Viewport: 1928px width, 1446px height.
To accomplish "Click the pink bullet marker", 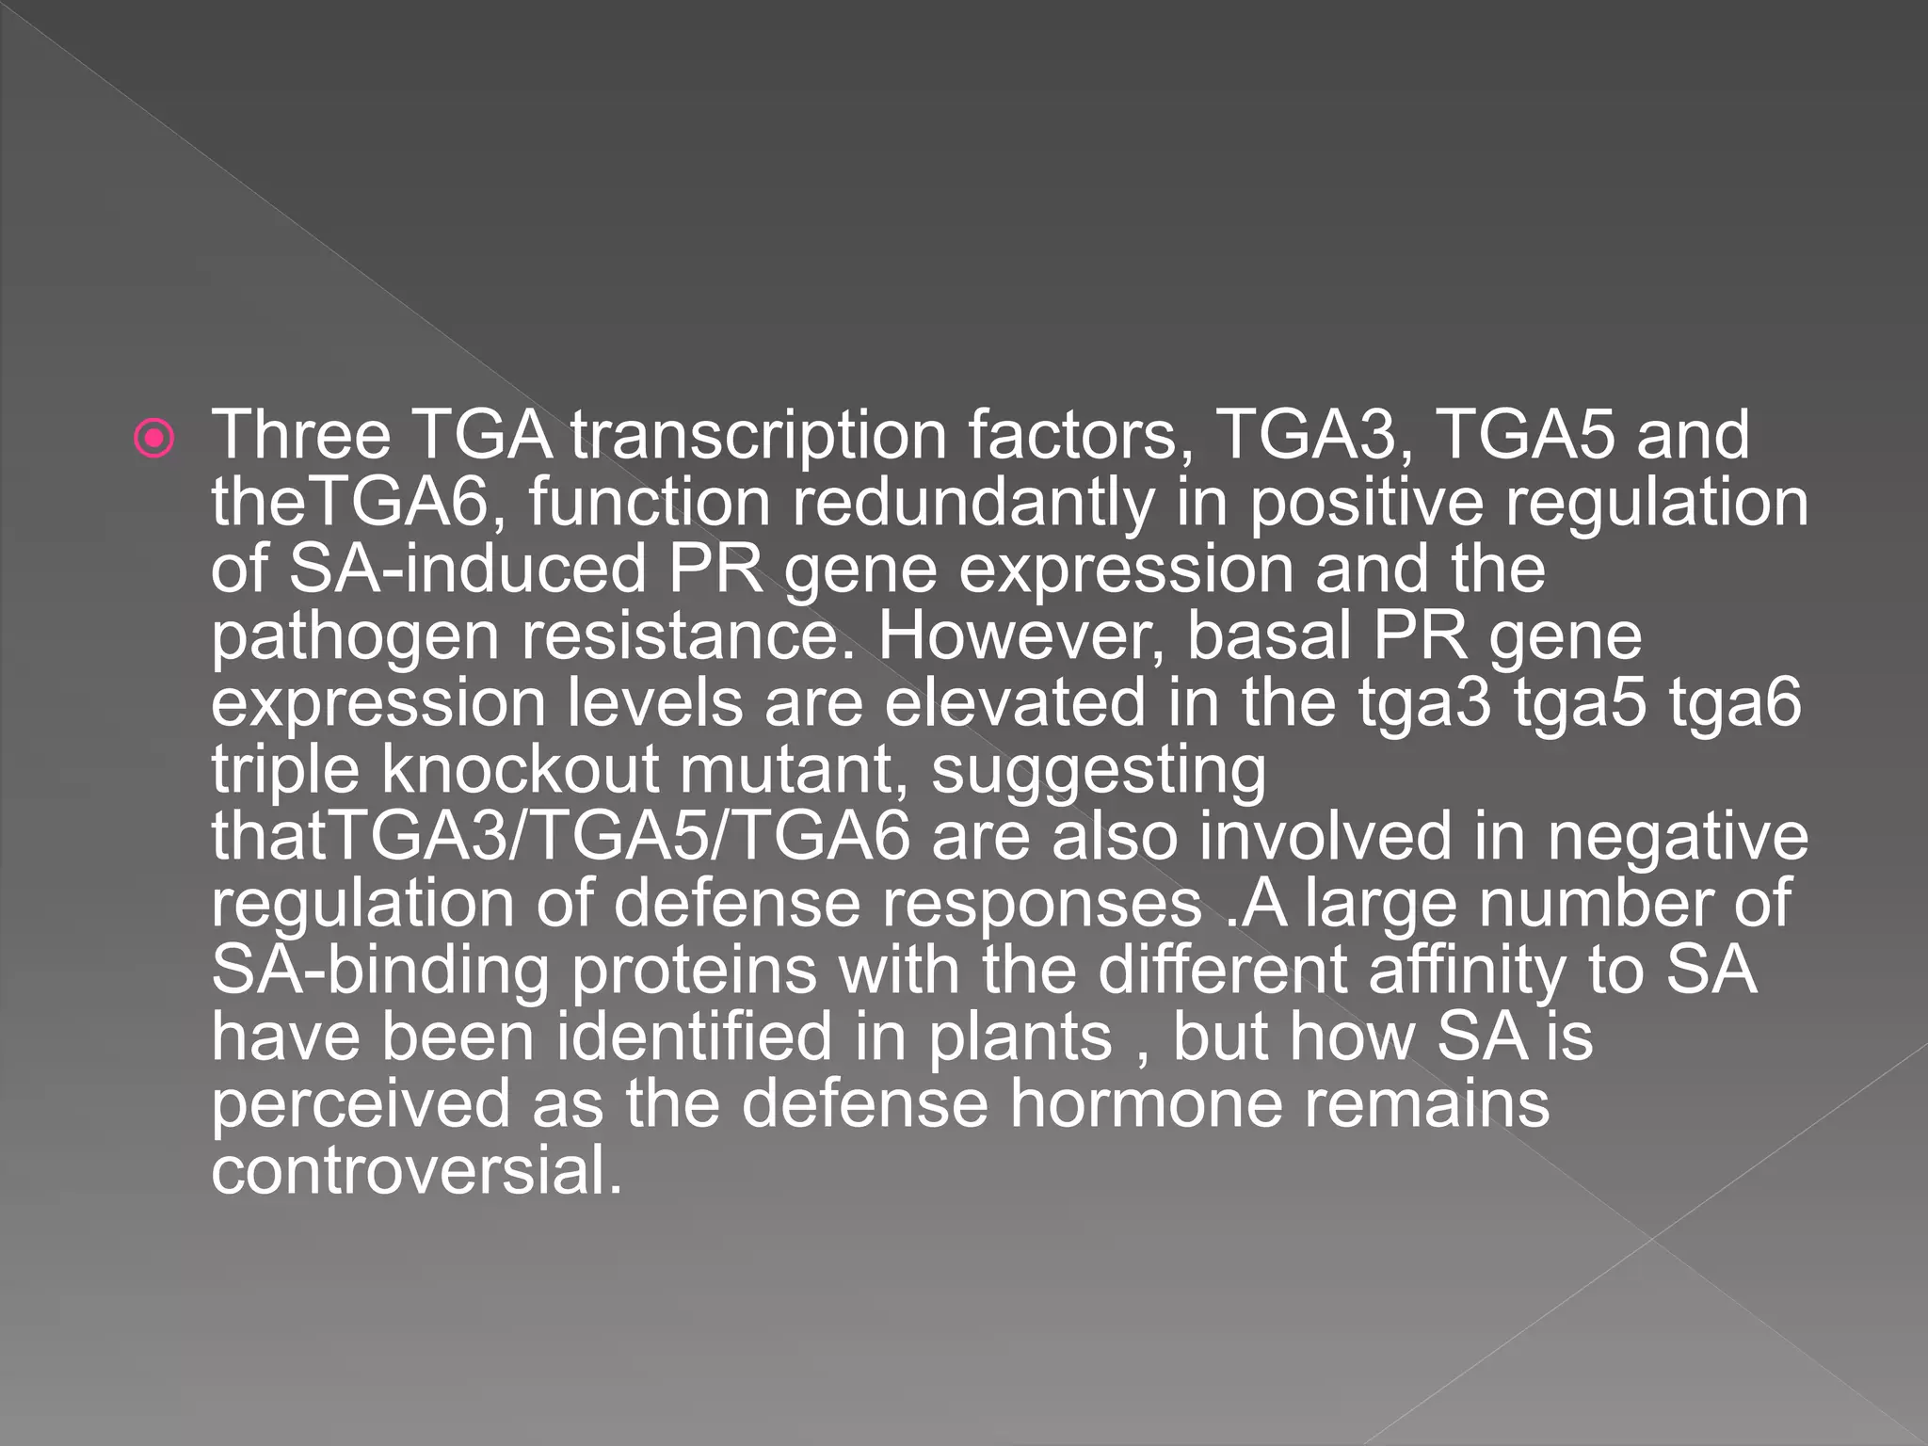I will click(x=154, y=438).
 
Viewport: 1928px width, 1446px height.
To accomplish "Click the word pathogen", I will click(x=354, y=637).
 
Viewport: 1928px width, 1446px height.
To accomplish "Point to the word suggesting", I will click(x=1098, y=772).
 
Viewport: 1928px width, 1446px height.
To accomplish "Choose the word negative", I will click(x=1678, y=837).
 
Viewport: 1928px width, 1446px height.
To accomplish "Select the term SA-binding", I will click(x=379, y=971).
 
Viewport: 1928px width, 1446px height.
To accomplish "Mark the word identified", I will click(x=694, y=1037).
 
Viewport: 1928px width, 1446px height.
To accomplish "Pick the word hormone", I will click(x=1146, y=1103).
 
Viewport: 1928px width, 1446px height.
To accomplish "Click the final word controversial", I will click(x=416, y=1171).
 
